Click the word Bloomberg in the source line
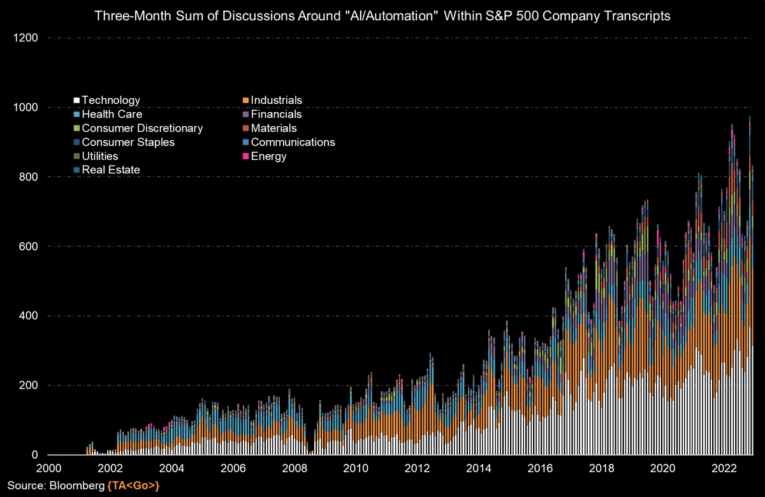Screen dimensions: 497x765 [x=81, y=486]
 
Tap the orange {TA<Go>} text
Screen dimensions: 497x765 [x=133, y=486]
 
